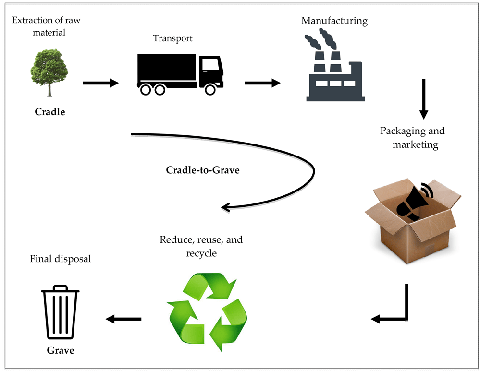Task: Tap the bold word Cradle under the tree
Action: point(49,112)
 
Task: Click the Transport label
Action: point(172,38)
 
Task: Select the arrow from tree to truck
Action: point(100,83)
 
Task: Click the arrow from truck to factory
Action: point(262,83)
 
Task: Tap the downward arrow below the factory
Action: point(423,98)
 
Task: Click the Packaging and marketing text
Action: point(413,137)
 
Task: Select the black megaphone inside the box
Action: point(413,202)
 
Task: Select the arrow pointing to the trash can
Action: point(123,319)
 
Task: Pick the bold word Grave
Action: point(61,350)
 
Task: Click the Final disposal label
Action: point(60,259)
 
